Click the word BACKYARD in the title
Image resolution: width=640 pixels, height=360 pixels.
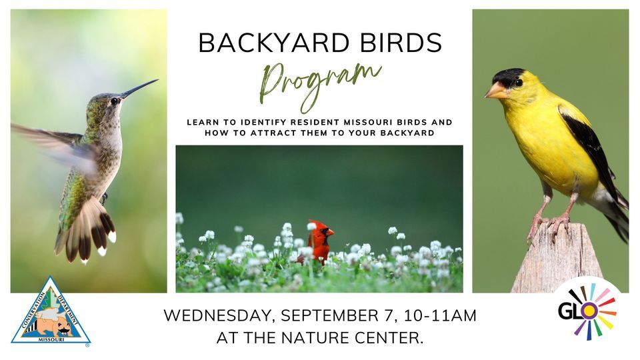pyautogui.click(x=267, y=43)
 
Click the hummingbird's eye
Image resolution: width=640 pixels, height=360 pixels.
pyautogui.click(x=115, y=101)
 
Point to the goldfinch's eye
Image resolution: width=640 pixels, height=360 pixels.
pyautogui.click(x=518, y=83)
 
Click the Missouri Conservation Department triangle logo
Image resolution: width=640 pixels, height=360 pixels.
pyautogui.click(x=51, y=313)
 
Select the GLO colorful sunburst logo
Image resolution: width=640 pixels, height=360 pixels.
pyautogui.click(x=587, y=311)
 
